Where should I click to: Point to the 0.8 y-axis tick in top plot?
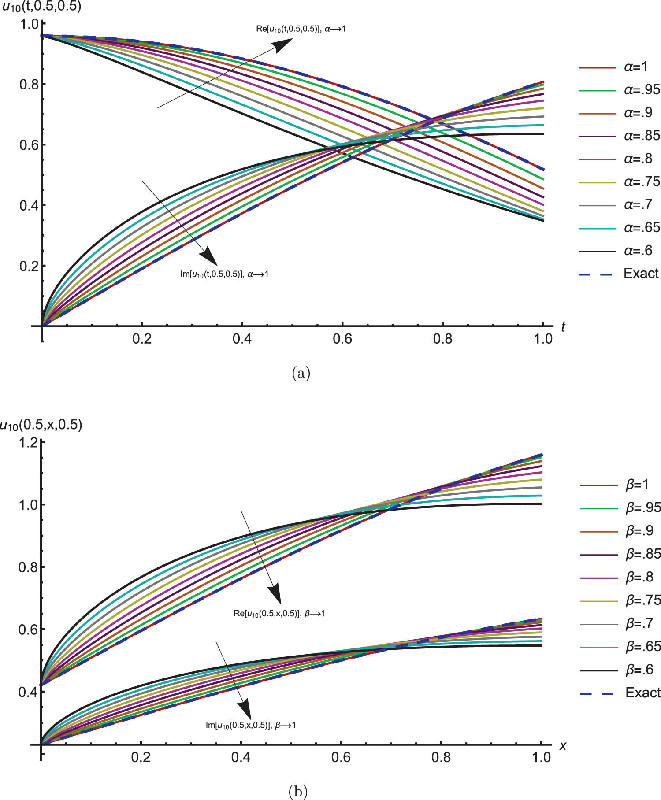tap(28, 84)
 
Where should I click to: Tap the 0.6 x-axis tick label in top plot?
tap(342, 338)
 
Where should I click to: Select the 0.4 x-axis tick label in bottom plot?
tap(241, 757)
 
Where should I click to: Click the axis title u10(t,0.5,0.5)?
tap(41, 7)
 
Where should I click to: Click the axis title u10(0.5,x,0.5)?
tap(41, 425)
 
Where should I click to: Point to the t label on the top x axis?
tap(563, 327)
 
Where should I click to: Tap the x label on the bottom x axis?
tap(562, 746)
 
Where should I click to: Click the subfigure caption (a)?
tap(301, 374)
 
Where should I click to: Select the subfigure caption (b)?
tap(297, 792)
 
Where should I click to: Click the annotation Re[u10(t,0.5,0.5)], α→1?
tap(301, 29)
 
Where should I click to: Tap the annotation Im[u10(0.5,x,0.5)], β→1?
tap(251, 725)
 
